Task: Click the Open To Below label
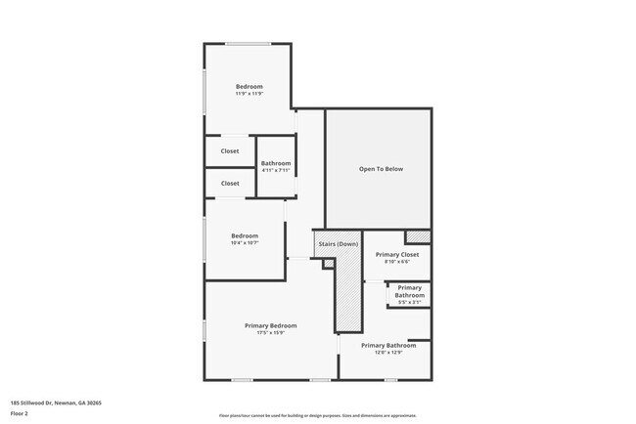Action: (380, 169)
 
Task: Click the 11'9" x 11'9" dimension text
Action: (250, 94)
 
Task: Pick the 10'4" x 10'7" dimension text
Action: (244, 243)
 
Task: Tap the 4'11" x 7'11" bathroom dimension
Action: (275, 170)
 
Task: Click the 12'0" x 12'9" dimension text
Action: (387, 353)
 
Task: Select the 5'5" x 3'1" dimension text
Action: (409, 302)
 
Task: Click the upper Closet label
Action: (230, 151)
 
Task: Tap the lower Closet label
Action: (230, 183)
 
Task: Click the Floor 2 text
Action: (20, 414)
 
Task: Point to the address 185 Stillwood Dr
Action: (56, 403)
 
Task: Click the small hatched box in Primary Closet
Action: (418, 236)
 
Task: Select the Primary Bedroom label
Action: (270, 325)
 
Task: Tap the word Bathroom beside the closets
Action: (275, 162)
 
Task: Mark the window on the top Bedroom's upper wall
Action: (248, 44)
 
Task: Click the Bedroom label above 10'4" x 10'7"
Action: (244, 235)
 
